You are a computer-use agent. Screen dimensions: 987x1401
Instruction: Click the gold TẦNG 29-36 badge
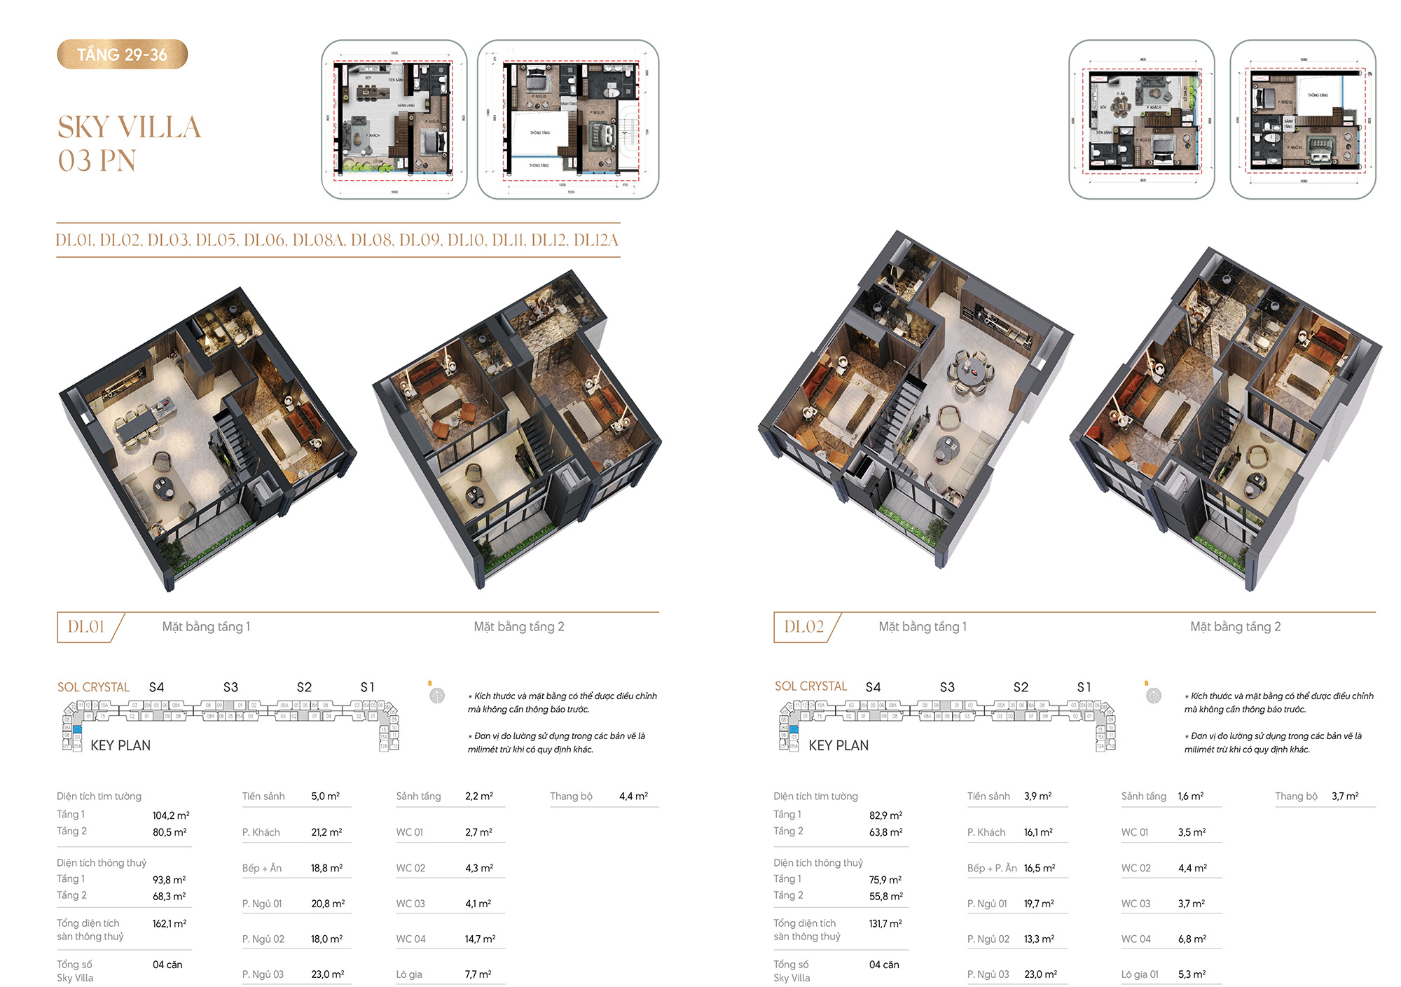click(122, 55)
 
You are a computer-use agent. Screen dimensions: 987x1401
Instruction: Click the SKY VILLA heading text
click(130, 127)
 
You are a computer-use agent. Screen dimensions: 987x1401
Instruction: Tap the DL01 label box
click(86, 627)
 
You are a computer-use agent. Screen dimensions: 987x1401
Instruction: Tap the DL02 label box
click(803, 627)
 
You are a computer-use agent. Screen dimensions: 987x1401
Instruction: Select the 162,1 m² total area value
click(170, 924)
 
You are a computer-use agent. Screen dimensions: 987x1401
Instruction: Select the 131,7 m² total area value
click(885, 924)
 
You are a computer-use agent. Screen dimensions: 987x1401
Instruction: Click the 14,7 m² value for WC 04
click(480, 939)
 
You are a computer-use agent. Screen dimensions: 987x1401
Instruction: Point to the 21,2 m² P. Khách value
click(326, 832)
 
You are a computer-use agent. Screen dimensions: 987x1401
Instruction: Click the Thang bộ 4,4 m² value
click(633, 796)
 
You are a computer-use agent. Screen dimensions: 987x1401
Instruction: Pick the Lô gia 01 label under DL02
click(1140, 974)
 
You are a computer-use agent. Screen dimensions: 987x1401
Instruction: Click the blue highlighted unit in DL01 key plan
click(78, 730)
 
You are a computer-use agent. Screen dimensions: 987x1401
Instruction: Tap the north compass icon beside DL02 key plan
click(1154, 696)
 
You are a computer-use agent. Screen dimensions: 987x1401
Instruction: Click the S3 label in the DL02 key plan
click(947, 687)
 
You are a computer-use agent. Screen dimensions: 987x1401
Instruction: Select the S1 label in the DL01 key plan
click(367, 687)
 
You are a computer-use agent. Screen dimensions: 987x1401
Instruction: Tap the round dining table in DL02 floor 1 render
click(970, 371)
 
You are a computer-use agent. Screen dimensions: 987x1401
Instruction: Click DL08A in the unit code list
click(318, 240)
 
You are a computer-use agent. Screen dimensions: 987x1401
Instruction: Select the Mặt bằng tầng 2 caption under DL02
click(1235, 627)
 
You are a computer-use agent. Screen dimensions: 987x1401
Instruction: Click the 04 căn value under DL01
click(167, 965)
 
